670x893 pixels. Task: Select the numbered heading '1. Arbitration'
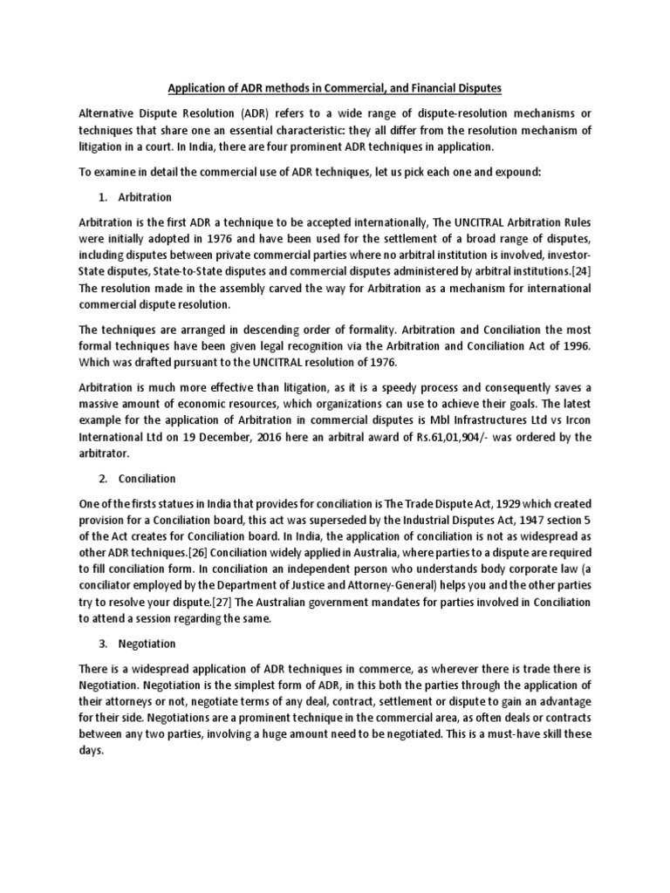pyautogui.click(x=142, y=197)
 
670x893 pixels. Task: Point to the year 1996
pyautogui.click(x=575, y=345)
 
